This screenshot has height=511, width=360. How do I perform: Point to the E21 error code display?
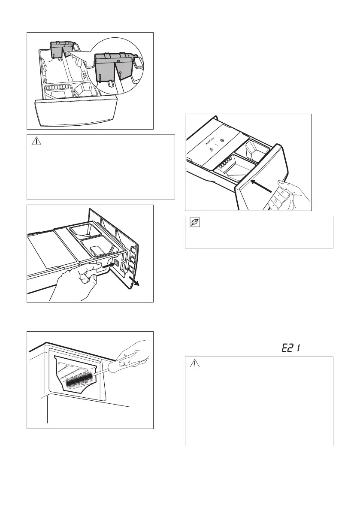[x=290, y=349]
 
